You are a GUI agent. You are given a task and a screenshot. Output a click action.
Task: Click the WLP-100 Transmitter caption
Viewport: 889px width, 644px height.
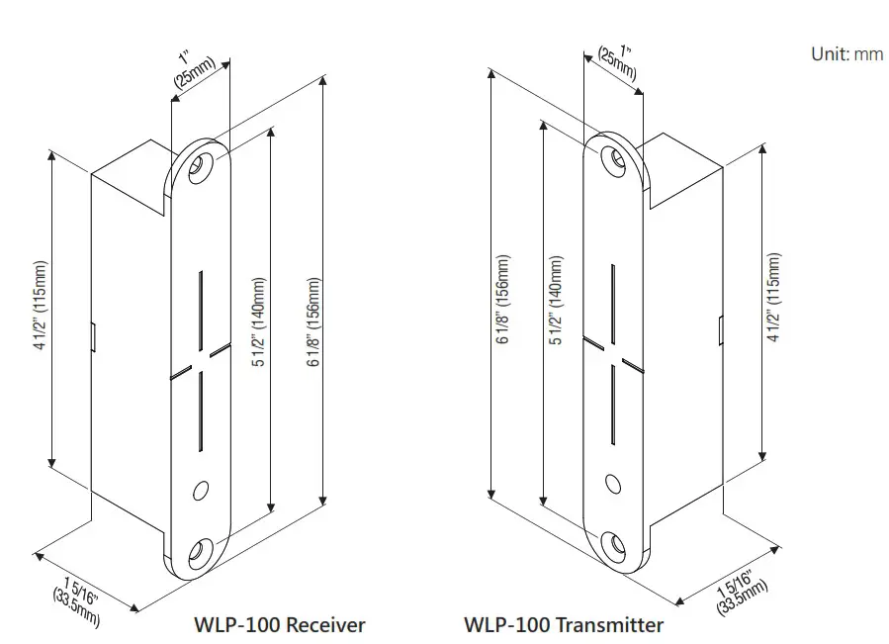(x=564, y=625)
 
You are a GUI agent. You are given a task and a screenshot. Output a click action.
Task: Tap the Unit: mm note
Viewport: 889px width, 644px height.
(x=846, y=54)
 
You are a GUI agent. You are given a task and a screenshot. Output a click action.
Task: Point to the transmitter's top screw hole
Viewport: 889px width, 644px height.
(x=613, y=157)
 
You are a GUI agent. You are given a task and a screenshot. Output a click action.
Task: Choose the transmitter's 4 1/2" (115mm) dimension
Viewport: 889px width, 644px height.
(x=774, y=298)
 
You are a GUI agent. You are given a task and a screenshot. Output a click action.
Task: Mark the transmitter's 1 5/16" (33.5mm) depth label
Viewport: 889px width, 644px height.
(x=740, y=590)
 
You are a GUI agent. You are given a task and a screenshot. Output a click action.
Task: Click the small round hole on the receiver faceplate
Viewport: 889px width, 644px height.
(x=202, y=489)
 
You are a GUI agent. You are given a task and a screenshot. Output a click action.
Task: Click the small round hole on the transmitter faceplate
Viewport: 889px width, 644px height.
(x=613, y=484)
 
